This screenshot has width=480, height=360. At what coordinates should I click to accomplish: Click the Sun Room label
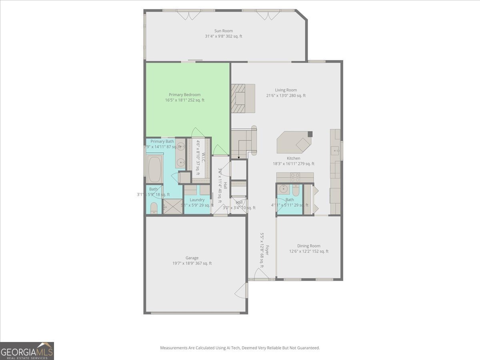[x=223, y=31]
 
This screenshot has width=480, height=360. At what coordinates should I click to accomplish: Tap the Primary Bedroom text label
[x=184, y=95]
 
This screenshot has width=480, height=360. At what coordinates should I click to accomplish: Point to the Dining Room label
[x=308, y=246]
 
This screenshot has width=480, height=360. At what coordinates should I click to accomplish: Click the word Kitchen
[x=293, y=158]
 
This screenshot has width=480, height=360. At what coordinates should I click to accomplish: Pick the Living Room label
[x=286, y=90]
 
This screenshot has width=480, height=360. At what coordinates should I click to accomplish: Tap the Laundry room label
[x=197, y=200]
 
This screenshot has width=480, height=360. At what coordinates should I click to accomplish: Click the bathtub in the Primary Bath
[x=154, y=169]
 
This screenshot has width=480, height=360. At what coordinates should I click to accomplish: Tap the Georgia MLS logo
[x=27, y=351]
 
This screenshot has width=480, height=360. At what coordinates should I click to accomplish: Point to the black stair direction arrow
[x=239, y=158]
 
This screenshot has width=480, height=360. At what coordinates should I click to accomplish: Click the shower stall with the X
[x=172, y=207]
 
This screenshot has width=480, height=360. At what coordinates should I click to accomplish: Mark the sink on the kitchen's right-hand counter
[x=335, y=150]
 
